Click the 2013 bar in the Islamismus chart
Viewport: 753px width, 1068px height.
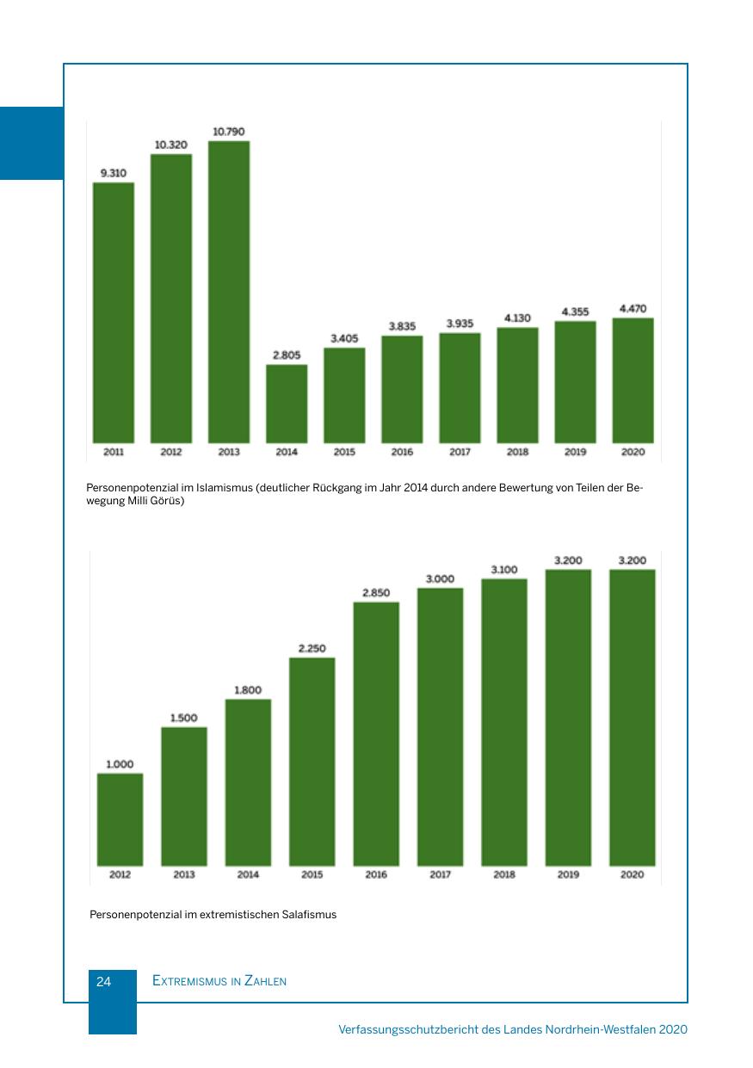229,292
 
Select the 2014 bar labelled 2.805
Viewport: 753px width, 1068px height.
287,404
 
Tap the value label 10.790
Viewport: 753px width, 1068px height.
229,132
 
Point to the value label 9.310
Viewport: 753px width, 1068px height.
114,173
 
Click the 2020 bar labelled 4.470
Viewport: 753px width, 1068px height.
633,380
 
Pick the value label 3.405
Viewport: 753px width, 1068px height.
344,338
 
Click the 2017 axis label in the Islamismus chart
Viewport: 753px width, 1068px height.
460,452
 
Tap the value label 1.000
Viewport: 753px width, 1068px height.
120,764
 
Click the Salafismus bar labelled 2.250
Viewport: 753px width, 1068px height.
312,762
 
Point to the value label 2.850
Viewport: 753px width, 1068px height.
376,593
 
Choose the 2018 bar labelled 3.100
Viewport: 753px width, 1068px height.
504,722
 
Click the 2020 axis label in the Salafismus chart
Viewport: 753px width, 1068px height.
632,875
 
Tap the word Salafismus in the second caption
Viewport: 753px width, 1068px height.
309,915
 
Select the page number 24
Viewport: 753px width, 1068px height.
104,982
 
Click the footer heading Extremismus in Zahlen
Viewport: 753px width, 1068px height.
219,982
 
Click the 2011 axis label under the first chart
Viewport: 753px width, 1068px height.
114,452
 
